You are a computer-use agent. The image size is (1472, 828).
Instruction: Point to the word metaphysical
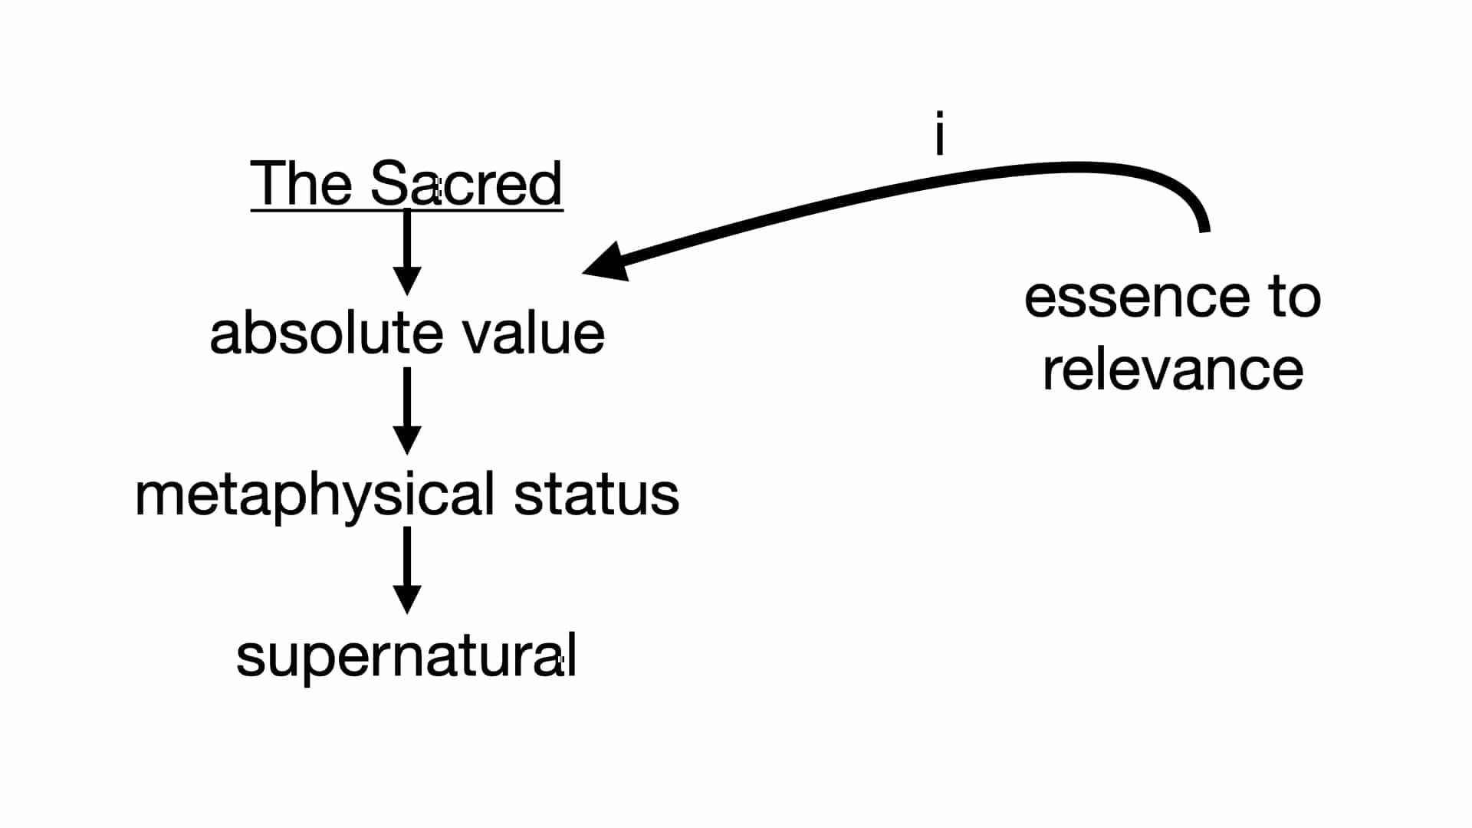(x=314, y=496)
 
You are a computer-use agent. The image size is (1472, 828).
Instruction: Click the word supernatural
(x=406, y=658)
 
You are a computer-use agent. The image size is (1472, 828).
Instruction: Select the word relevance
(x=1173, y=370)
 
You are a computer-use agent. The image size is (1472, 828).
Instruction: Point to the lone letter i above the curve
(x=939, y=133)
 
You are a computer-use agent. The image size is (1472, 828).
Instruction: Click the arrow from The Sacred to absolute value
(x=407, y=249)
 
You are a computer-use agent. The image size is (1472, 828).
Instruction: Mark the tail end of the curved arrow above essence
(x=1204, y=227)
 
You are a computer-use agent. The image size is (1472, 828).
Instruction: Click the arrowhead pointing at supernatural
(x=407, y=598)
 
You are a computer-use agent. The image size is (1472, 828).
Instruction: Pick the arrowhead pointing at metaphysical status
(x=407, y=439)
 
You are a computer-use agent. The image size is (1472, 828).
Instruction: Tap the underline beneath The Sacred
(x=406, y=209)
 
